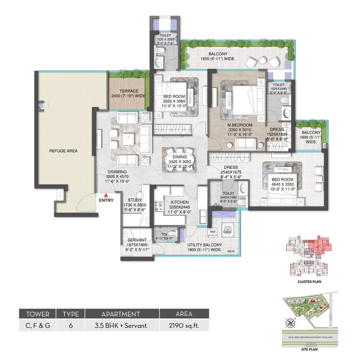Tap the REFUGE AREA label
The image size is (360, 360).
[63, 151]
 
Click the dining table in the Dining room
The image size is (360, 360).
[176, 158]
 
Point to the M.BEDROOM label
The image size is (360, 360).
[237, 125]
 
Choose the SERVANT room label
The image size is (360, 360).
[137, 240]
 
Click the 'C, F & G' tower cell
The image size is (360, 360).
[38, 326]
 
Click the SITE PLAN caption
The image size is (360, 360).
[304, 347]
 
